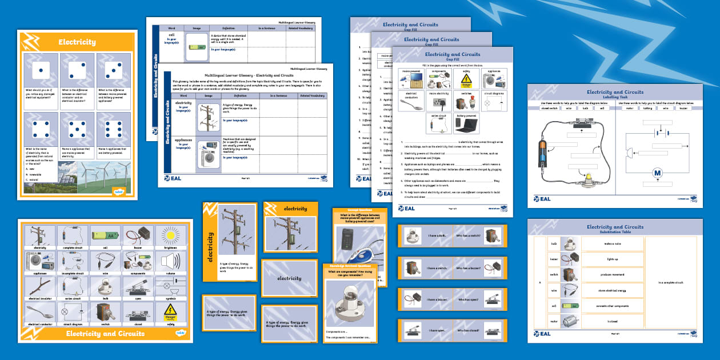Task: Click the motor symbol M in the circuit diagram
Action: (657, 173)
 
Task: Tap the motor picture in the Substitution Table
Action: (568, 322)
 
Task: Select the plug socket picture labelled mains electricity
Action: (440, 101)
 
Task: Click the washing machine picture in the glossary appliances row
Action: (205, 157)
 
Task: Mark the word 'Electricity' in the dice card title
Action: (77, 42)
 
